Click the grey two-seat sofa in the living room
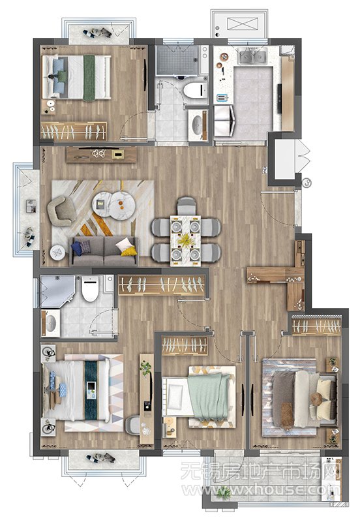pos(104,251)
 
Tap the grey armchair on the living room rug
pos(62,211)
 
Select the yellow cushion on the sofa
pos(128,251)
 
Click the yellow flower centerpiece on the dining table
pos(185,239)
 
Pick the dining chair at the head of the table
pos(187,206)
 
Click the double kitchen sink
pos(253,56)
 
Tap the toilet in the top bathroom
pos(194,90)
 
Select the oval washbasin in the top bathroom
pos(198,125)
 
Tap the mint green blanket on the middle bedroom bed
pos(208,395)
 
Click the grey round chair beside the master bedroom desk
pos(133,425)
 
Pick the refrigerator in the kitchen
pos(224,121)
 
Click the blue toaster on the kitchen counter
pos(222,98)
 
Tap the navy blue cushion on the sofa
pos(76,248)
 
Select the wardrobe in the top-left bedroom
pos(74,131)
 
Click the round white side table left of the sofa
pos(59,253)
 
